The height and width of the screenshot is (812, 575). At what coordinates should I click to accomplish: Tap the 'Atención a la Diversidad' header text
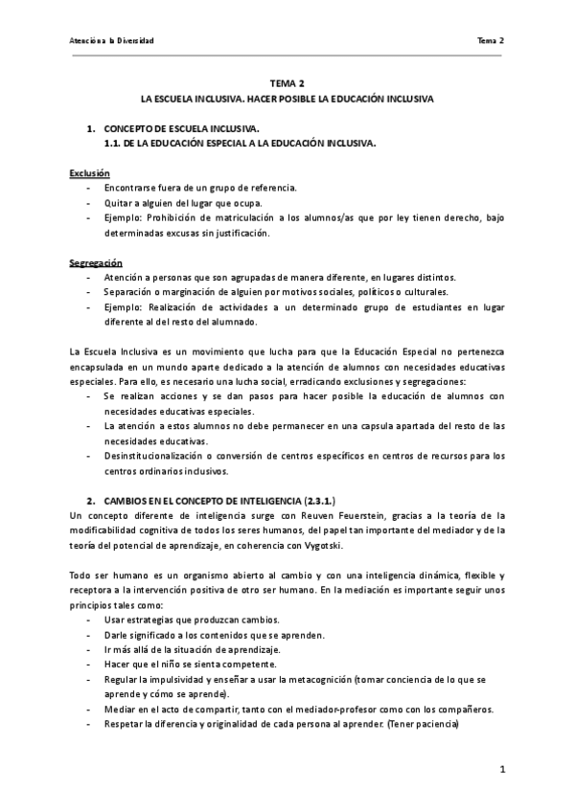point(112,40)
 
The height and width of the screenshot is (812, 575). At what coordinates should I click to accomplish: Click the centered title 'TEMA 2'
point(287,83)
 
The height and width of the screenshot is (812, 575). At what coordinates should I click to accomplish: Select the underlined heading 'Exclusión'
point(90,172)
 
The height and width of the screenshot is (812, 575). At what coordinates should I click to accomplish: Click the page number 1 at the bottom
point(502,769)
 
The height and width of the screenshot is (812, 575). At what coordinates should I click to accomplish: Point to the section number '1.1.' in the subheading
point(115,143)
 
